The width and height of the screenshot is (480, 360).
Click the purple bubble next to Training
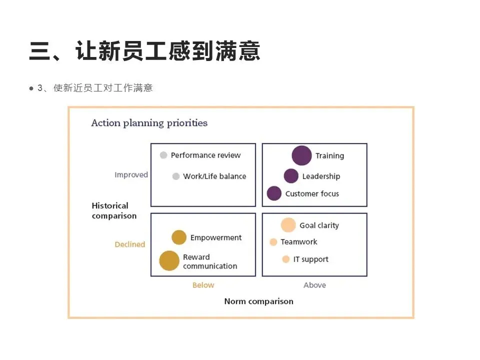301,155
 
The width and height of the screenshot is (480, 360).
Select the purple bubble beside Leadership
291,176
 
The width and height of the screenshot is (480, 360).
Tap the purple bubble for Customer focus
274,193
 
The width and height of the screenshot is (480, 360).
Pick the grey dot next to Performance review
163,155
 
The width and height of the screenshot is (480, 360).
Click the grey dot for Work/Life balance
175,176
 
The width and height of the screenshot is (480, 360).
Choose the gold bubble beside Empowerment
179,237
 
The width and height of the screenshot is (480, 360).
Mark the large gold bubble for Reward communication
169,261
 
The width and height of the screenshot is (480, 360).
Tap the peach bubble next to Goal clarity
288,225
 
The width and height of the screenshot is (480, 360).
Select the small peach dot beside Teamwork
273,242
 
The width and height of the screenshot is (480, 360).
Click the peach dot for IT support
285,259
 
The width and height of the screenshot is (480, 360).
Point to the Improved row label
131,175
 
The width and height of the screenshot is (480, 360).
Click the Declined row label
130,244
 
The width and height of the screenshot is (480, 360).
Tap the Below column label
203,285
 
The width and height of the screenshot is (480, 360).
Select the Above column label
314,285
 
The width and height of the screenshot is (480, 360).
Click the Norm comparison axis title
258,301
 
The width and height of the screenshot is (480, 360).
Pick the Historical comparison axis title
114,210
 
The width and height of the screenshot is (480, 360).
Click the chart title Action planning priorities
149,123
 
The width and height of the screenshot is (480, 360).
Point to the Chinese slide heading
144,51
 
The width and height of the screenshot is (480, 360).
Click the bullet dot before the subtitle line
31,88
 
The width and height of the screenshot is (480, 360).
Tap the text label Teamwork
299,242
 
